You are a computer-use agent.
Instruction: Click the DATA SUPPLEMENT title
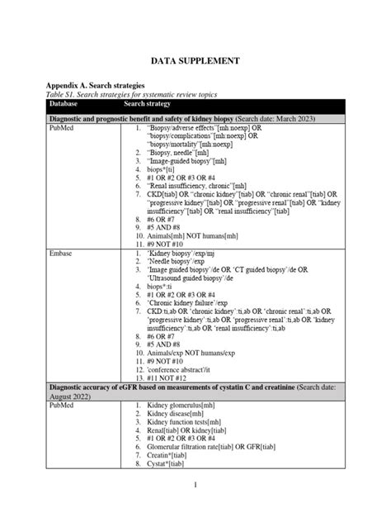pyautogui.click(x=195, y=61)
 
